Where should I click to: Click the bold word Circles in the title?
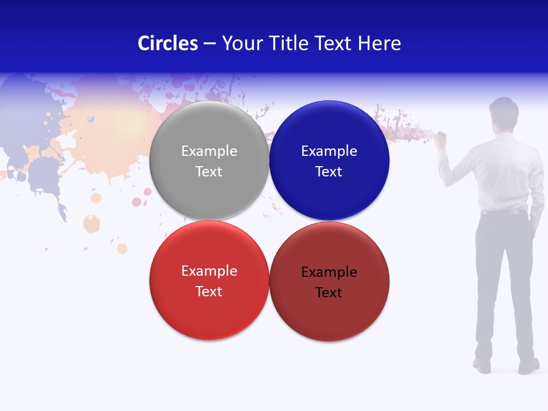pos(168,43)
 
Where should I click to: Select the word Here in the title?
pos(379,43)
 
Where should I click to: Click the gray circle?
pos(209,161)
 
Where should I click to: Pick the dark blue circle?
pos(329,161)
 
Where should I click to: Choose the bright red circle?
pos(209,281)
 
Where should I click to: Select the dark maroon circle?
pos(329,281)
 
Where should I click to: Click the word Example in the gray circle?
pos(209,151)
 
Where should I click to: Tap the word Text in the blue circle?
pos(329,172)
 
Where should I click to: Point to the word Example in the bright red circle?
pos(209,271)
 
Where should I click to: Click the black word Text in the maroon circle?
pos(329,293)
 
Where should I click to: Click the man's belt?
pos(503,212)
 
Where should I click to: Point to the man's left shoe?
pos(482,365)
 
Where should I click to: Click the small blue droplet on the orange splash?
pos(90,119)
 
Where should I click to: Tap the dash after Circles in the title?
pos(209,44)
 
